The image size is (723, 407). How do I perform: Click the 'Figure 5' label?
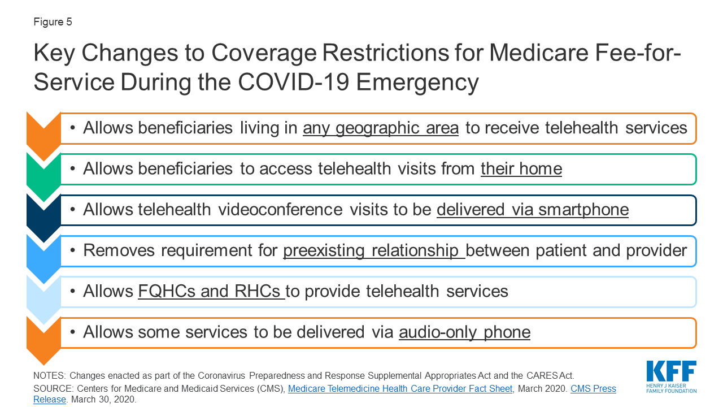coord(53,21)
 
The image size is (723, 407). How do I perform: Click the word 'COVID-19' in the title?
coord(293,82)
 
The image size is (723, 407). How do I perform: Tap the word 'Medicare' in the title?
coord(539,53)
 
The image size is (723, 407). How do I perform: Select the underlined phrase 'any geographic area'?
coord(381,128)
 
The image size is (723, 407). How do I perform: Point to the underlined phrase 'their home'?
coord(521,168)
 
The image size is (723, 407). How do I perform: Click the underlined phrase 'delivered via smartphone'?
coord(533,210)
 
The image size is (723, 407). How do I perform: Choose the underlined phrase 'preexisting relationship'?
coord(374,250)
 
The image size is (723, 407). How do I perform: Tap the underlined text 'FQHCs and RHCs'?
coord(211,291)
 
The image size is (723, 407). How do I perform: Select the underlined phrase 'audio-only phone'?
coord(464,332)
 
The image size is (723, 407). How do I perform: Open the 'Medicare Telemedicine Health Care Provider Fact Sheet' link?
coord(400,388)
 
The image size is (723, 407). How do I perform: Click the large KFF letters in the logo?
coord(672,371)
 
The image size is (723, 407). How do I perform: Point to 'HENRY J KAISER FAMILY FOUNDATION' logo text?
coord(672,388)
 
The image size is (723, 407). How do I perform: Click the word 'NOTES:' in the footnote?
coord(50,376)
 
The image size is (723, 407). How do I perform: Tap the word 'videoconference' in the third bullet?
coord(280,210)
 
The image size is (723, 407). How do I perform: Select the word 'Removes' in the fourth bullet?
coord(119,250)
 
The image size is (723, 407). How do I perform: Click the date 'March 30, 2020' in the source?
coord(103,400)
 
